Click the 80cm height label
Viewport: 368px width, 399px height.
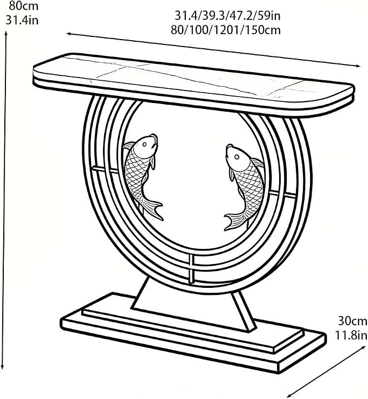[24, 6]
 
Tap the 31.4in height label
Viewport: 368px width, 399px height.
[22, 20]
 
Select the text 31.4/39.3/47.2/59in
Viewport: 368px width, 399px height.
[228, 16]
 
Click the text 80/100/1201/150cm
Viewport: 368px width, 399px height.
[225, 30]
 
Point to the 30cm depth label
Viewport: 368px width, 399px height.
[352, 321]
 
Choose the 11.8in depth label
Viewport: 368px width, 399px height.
[351, 335]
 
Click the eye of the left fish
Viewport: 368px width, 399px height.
[145, 145]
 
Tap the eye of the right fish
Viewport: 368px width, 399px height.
[237, 157]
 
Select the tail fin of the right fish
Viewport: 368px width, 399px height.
[234, 221]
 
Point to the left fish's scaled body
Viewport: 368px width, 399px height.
[137, 176]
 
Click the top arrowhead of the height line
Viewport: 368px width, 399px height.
[6, 33]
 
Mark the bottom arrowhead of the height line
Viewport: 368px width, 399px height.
[3, 366]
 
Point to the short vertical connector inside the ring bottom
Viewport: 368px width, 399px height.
[191, 268]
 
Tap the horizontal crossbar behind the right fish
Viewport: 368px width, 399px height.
[282, 194]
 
